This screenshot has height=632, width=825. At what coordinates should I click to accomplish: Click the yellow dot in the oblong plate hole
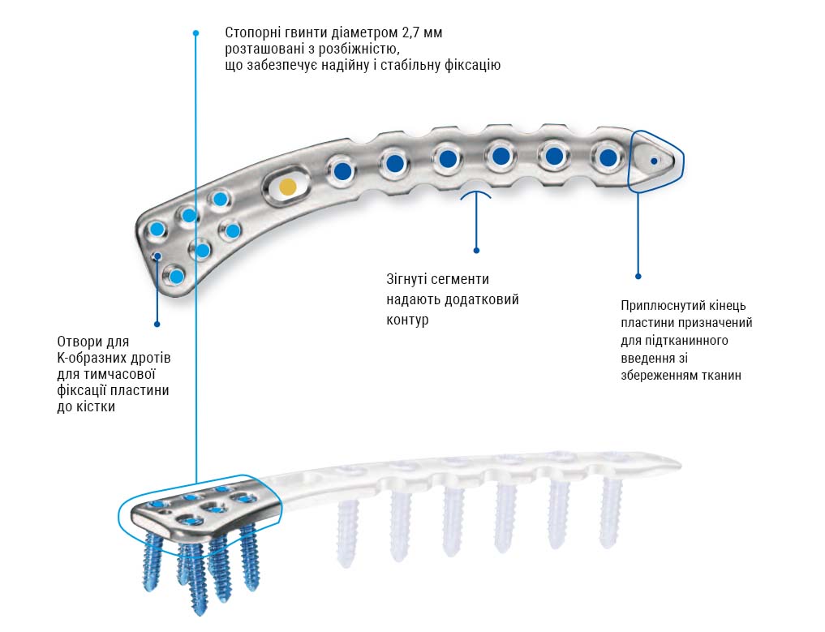(287, 187)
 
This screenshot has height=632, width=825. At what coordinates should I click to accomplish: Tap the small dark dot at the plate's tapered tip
(654, 161)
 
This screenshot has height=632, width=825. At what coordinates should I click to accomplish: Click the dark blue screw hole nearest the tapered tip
(608, 157)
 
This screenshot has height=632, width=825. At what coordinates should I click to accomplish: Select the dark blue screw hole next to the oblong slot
(342, 170)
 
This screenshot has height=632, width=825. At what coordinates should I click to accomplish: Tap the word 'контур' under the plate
(407, 320)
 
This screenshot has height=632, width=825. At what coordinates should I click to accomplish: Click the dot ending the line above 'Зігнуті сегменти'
(476, 251)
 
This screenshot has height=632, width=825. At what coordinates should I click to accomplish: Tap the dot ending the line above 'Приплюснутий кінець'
(638, 276)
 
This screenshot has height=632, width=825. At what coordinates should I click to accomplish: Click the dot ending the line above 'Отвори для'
(157, 325)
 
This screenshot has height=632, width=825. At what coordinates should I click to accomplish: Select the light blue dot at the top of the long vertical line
(196, 33)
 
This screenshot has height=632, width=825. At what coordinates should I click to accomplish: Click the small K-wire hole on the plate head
(157, 256)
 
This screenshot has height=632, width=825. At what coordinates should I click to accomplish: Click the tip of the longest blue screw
(199, 612)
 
